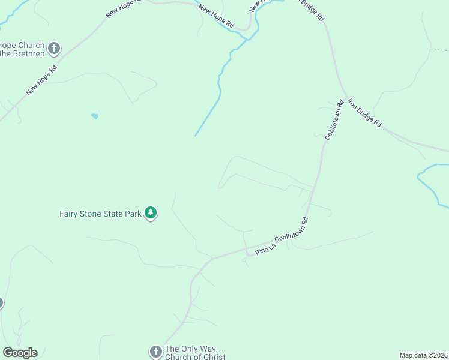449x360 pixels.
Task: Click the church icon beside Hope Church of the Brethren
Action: tap(54, 48)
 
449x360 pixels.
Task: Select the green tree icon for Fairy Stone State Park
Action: tap(151, 213)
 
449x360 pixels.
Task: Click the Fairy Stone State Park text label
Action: tap(100, 213)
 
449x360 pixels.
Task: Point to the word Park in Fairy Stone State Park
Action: tap(132, 213)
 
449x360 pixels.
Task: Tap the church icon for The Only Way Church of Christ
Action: tap(155, 352)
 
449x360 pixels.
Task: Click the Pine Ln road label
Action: tap(264, 248)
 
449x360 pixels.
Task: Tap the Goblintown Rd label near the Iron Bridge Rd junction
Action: tap(334, 120)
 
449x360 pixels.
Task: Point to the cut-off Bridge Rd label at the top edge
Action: tap(312, 9)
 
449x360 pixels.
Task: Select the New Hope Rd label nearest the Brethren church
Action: tap(41, 80)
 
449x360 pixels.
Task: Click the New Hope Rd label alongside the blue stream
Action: tap(216, 16)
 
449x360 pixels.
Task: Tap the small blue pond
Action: tap(95, 116)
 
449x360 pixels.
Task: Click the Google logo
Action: tap(20, 353)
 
